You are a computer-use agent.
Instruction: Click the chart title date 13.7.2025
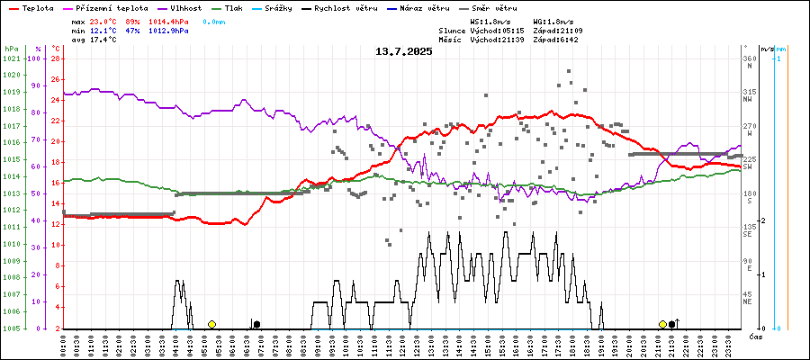(404, 51)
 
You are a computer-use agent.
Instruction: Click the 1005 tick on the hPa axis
(12, 328)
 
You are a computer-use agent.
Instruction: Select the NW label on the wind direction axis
(747, 100)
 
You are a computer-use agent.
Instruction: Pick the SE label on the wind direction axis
(747, 234)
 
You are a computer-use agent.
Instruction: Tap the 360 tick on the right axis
(748, 59)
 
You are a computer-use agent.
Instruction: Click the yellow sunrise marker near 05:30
(211, 324)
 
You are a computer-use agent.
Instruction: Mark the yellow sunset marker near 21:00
(662, 324)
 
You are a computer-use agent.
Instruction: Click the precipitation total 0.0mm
(214, 21)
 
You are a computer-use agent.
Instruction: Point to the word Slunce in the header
(454, 31)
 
